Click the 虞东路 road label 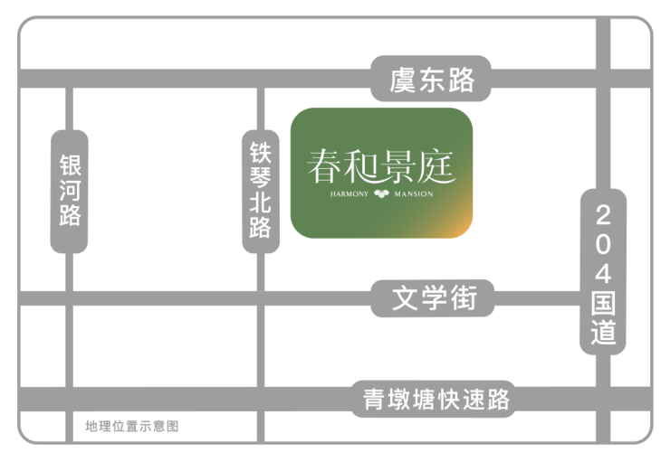432,80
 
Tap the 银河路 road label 70,191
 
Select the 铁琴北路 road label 261,190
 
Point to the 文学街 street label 434,298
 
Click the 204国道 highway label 603,273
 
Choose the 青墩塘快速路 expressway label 436,400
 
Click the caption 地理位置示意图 131,426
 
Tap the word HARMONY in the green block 349,194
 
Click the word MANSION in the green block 414,194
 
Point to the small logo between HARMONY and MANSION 381,193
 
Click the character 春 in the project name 324,166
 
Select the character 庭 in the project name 436,166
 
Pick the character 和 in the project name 361,166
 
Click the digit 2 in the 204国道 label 603,215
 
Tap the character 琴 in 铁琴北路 261,178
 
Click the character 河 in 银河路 70,190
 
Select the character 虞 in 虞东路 403,80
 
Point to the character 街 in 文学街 464,298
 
